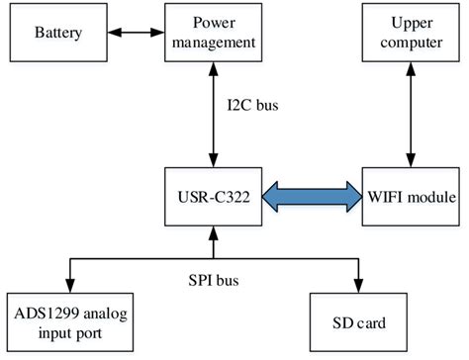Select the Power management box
212,33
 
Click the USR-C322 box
212,197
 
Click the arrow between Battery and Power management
131,34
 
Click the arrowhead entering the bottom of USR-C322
212,233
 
